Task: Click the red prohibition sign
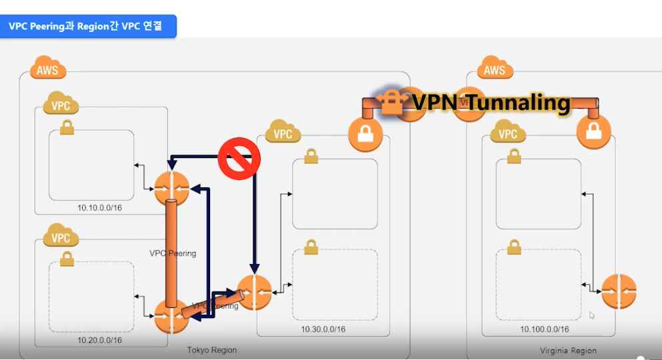pyautogui.click(x=239, y=158)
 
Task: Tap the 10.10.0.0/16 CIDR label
pyautogui.click(x=99, y=208)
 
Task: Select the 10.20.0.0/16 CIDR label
pyautogui.click(x=99, y=340)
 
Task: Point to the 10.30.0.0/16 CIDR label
pyautogui.click(x=323, y=329)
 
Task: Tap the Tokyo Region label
pyautogui.click(x=212, y=350)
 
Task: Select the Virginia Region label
pyautogui.click(x=568, y=350)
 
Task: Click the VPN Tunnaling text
pyautogui.click(x=491, y=103)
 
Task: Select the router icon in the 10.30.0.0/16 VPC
pyautogui.click(x=254, y=292)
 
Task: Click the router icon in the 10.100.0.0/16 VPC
pyautogui.click(x=619, y=291)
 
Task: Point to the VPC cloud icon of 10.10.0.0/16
pyautogui.click(x=61, y=105)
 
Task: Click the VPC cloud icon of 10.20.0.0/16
pyautogui.click(x=61, y=237)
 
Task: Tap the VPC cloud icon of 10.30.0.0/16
pyautogui.click(x=283, y=133)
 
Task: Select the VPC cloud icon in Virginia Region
pyautogui.click(x=508, y=133)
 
